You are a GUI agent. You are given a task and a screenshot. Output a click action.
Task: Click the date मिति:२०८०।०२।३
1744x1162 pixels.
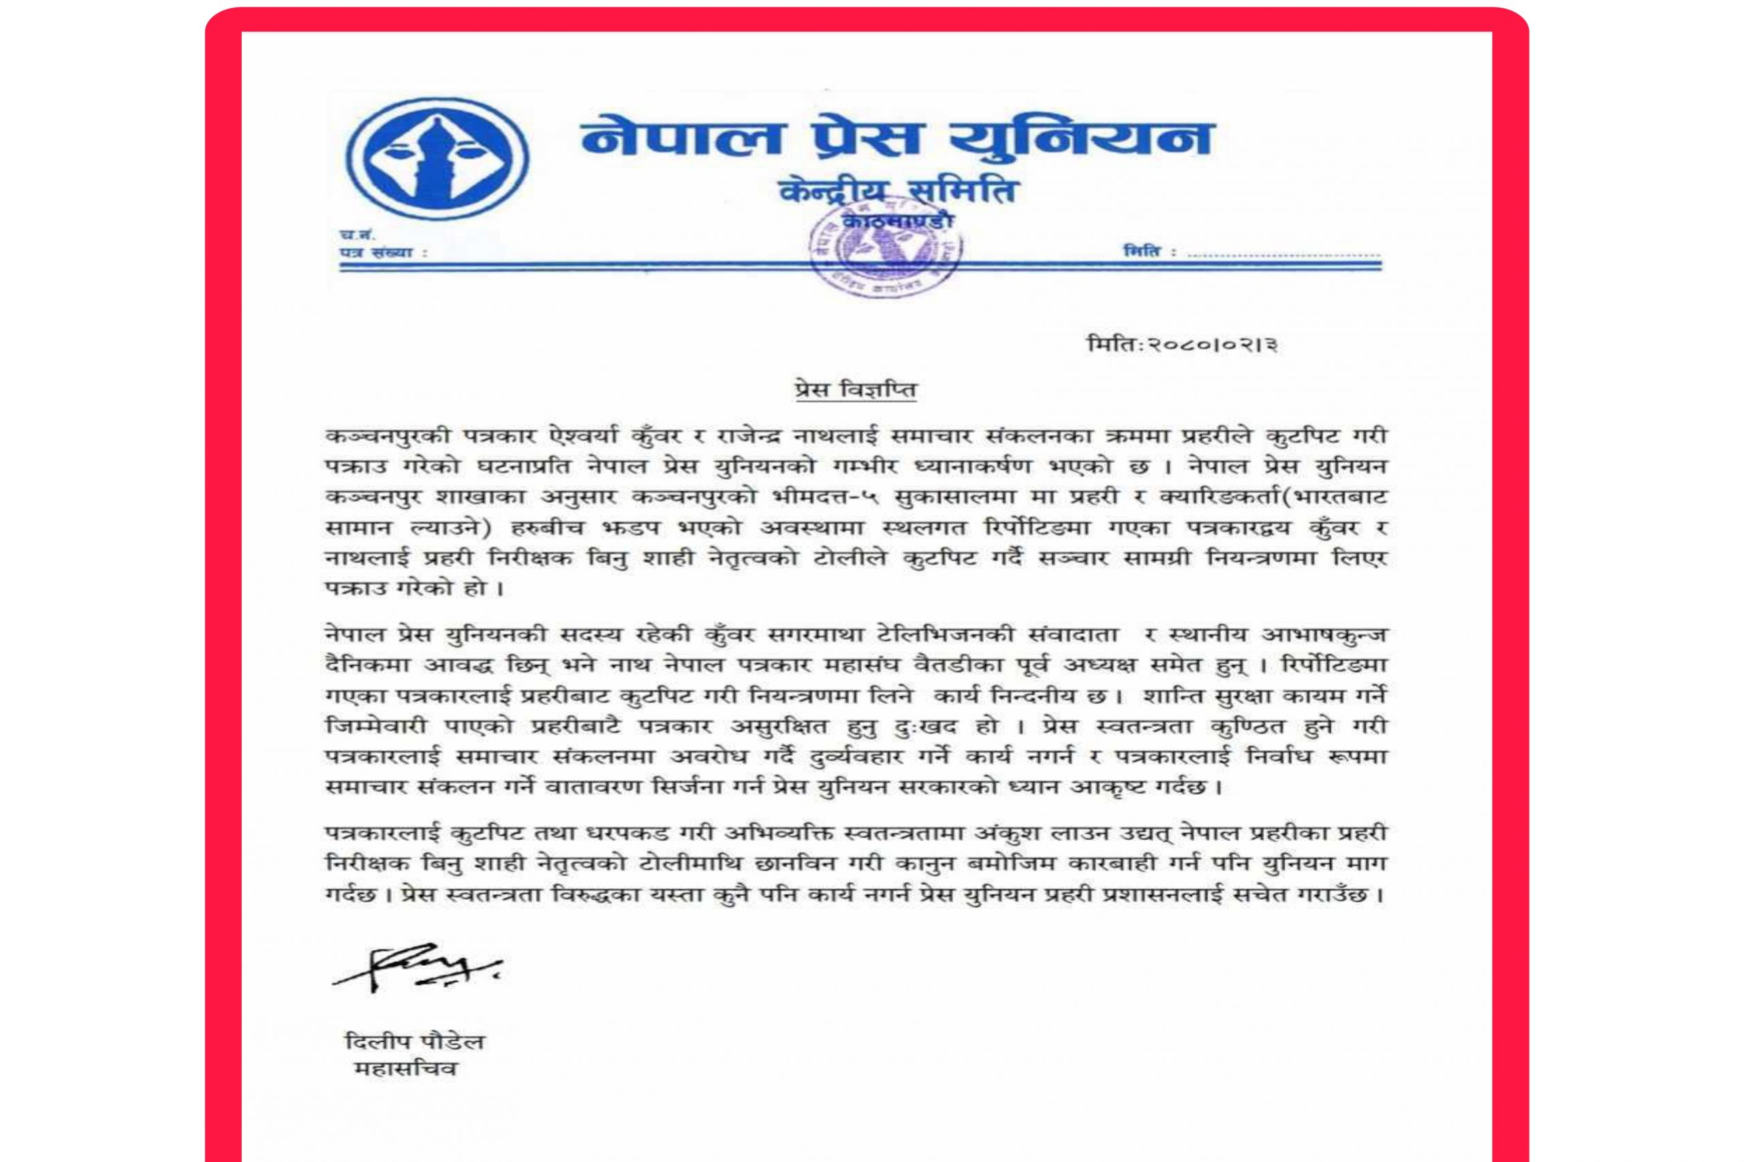(x=1182, y=345)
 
